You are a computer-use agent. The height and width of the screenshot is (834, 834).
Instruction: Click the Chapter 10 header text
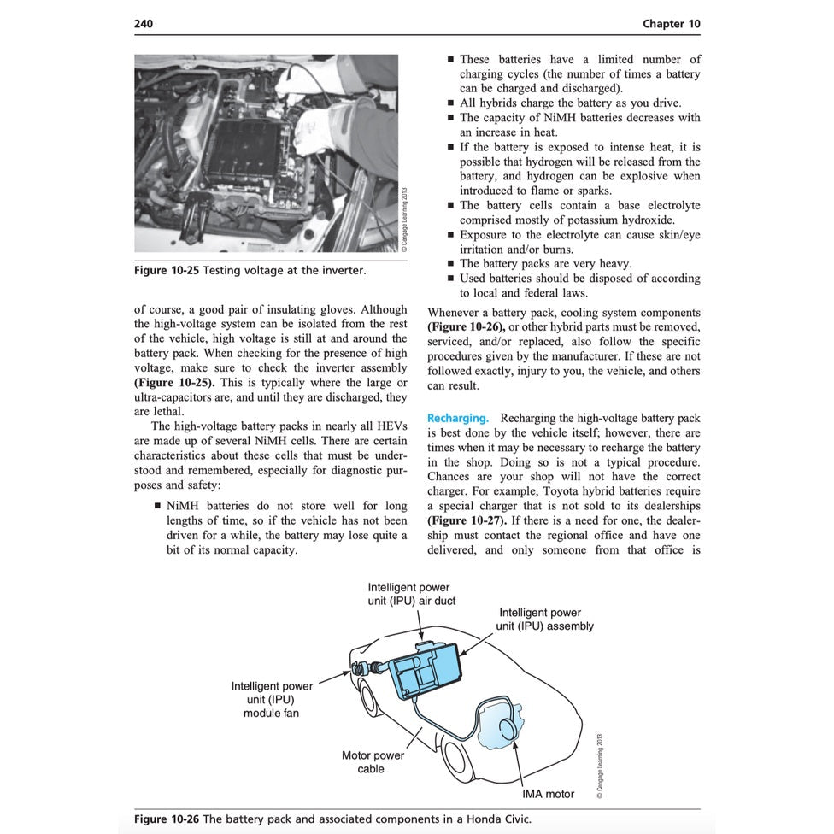[671, 23]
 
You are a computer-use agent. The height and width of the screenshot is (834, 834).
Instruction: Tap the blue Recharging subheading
[458, 419]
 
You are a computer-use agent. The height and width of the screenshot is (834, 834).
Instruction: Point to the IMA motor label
[548, 794]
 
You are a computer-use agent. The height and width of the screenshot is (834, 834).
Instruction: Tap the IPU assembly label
[543, 619]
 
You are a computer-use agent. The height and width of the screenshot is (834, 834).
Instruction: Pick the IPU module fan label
[271, 699]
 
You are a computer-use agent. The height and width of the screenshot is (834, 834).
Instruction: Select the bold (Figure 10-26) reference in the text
[467, 327]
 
